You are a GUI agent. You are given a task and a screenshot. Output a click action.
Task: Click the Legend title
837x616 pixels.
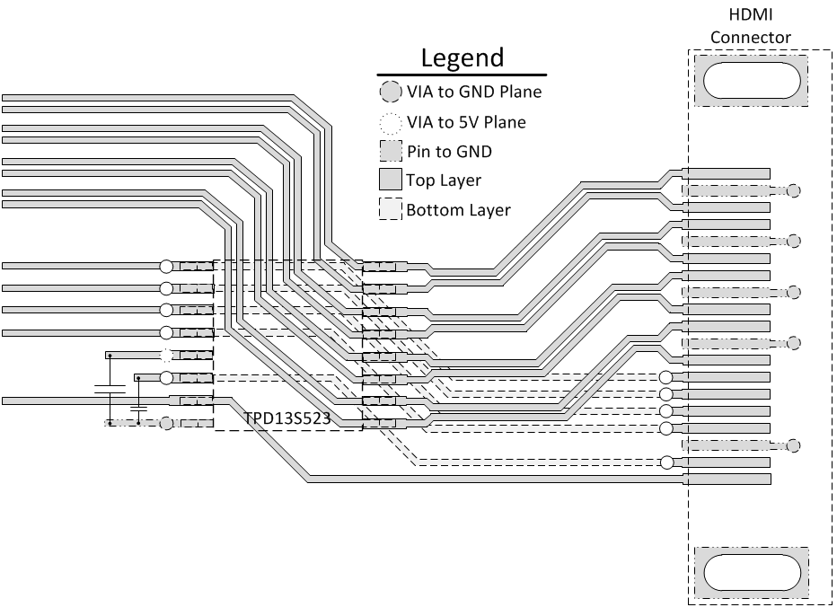pyautogui.click(x=463, y=58)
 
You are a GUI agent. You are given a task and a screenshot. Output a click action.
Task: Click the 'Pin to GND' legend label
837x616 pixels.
pyautogui.click(x=449, y=151)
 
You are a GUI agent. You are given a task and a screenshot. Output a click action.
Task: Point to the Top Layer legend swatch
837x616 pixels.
pyautogui.click(x=389, y=180)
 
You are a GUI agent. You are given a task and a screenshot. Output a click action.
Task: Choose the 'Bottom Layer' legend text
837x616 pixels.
pyautogui.click(x=458, y=210)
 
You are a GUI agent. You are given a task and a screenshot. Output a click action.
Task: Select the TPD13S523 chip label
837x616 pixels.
pyautogui.click(x=286, y=419)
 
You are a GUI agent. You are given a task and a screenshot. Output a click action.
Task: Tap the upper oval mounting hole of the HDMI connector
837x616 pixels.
pyautogui.click(x=751, y=80)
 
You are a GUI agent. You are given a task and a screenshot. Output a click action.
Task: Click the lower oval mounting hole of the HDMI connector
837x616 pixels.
pyautogui.click(x=751, y=572)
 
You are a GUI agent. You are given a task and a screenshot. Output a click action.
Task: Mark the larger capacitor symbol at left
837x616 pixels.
pyautogui.click(x=110, y=389)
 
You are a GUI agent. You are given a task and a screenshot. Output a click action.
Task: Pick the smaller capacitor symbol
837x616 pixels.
pyautogui.click(x=138, y=409)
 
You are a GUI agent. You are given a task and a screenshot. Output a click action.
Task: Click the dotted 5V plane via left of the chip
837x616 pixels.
pyautogui.click(x=166, y=355)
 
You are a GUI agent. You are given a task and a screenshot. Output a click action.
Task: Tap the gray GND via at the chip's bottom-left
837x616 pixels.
pyautogui.click(x=166, y=423)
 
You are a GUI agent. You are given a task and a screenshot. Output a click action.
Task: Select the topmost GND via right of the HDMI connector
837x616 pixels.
pyautogui.click(x=793, y=190)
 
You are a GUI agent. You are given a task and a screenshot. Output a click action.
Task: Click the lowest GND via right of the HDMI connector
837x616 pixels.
pyautogui.click(x=793, y=445)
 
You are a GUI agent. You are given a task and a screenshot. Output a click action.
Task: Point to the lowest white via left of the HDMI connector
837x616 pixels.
pyautogui.click(x=665, y=462)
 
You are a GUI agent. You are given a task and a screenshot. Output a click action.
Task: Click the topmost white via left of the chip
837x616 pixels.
pyautogui.click(x=166, y=266)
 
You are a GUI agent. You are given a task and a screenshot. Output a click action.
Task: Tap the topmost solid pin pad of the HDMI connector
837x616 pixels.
pyautogui.click(x=727, y=173)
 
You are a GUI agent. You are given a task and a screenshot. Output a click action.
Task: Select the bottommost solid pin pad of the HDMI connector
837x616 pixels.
pyautogui.click(x=727, y=480)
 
